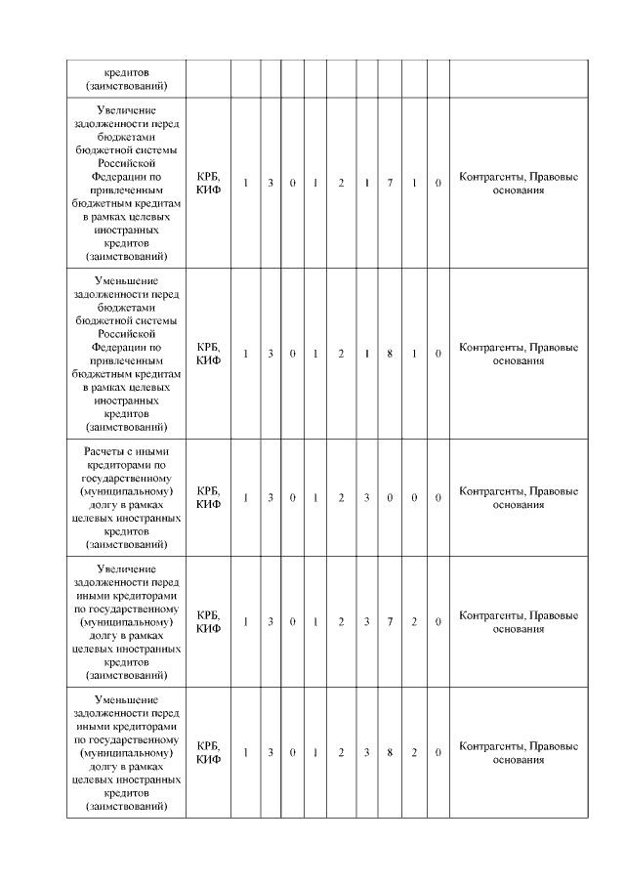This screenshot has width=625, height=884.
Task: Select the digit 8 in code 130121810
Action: pyautogui.click(x=389, y=354)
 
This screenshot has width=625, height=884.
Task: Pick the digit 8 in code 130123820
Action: pyautogui.click(x=389, y=753)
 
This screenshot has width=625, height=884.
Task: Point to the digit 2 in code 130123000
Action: pyautogui.click(x=341, y=498)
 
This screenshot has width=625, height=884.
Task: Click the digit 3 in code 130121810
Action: pyautogui.click(x=271, y=354)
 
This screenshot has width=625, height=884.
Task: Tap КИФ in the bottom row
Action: pyautogui.click(x=207, y=760)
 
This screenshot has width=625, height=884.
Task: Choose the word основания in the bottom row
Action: pyautogui.click(x=518, y=760)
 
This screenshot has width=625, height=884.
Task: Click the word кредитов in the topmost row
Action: pyautogui.click(x=126, y=71)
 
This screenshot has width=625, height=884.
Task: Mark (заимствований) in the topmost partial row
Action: pyautogui.click(x=126, y=86)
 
